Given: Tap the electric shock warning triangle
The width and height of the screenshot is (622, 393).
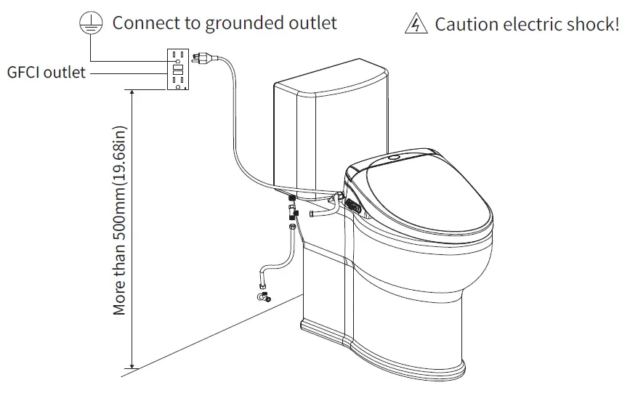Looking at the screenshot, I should (414, 24).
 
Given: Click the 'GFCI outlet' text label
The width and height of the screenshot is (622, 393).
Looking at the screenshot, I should (46, 72).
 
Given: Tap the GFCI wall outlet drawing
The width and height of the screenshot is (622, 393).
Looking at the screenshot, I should (177, 70).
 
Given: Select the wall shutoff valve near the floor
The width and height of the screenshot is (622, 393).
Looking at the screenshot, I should (263, 295).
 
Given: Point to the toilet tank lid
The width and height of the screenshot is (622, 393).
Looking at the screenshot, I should (331, 80).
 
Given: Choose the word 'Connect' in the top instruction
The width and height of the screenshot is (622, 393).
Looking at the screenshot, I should (145, 23).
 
